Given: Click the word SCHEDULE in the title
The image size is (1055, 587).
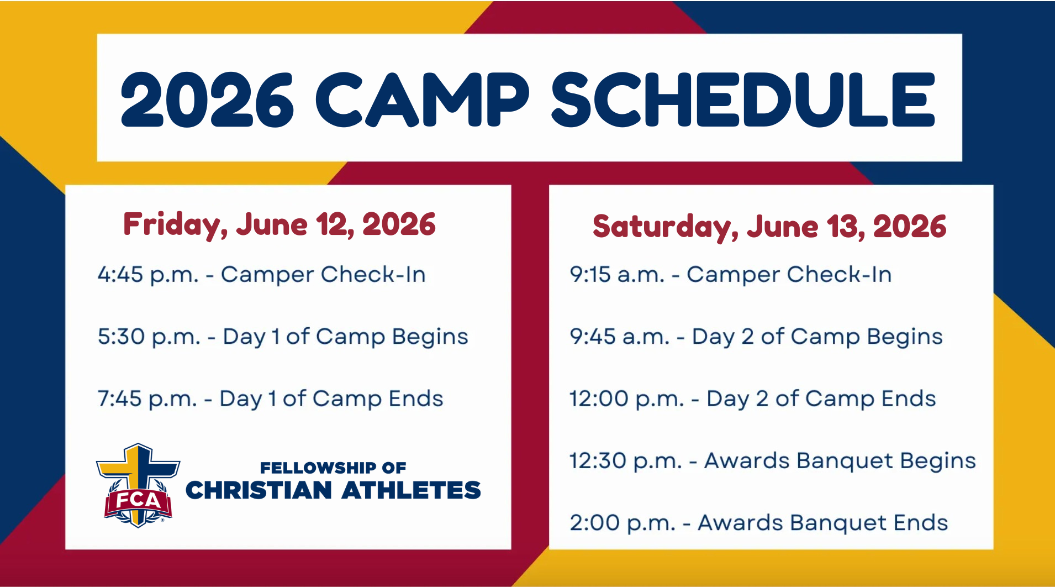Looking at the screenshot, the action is [x=743, y=99].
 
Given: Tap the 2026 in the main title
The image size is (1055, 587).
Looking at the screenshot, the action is [x=207, y=100].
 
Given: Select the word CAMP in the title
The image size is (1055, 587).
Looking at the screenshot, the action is [x=423, y=99].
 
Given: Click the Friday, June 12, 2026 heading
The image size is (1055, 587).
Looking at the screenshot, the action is [x=279, y=224].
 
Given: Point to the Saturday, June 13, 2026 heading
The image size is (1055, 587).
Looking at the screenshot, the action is [x=769, y=227].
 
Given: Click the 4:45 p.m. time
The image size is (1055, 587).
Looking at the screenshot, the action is [x=148, y=275].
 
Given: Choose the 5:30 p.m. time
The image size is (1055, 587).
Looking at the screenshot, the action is [x=149, y=337].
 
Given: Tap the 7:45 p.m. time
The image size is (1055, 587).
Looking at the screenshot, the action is [x=147, y=399].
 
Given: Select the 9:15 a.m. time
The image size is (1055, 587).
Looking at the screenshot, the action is [x=618, y=275].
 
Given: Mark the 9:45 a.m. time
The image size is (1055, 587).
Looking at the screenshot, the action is [x=620, y=337].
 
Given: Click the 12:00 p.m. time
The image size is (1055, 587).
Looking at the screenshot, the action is [x=627, y=399].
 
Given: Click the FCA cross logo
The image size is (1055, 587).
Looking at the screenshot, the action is [x=138, y=485].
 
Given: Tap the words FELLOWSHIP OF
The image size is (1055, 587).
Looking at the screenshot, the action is [x=333, y=468].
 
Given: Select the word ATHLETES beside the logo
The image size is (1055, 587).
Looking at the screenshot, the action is [x=412, y=490].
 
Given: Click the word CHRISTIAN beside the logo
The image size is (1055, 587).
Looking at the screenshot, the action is [x=259, y=490].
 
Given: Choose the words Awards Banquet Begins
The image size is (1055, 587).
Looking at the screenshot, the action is [x=840, y=461].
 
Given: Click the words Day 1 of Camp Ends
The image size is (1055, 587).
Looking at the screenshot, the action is [x=331, y=399].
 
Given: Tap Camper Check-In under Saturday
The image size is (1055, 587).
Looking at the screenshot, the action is [x=789, y=275].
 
